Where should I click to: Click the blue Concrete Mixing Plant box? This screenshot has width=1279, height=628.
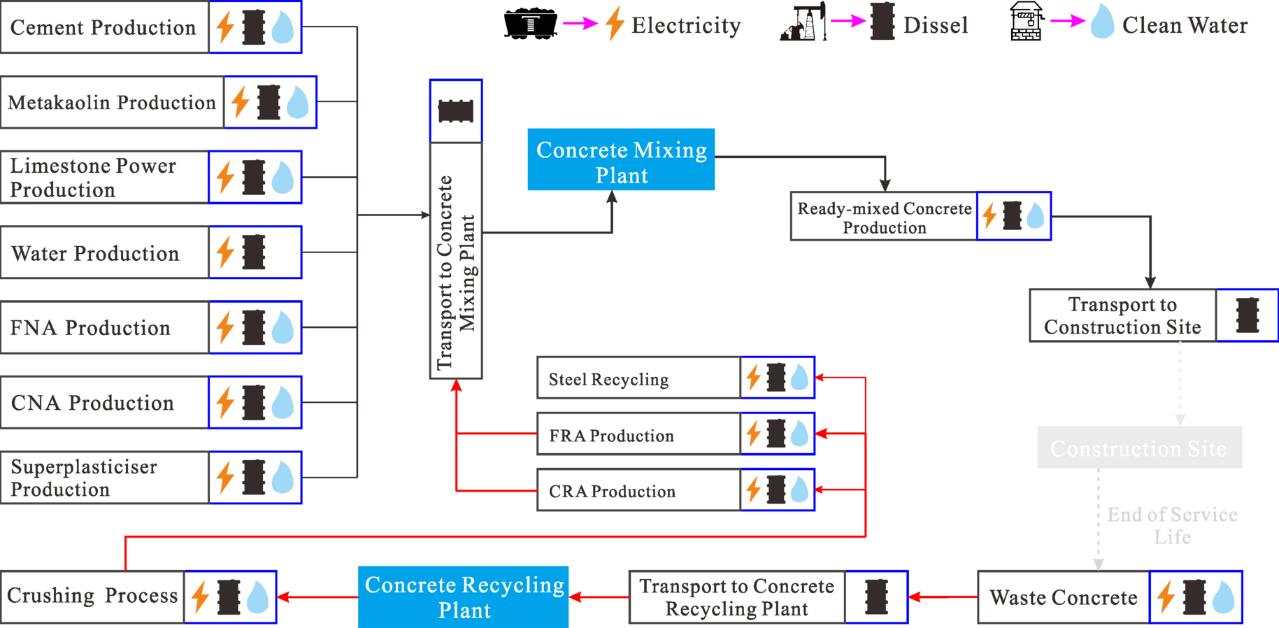621,159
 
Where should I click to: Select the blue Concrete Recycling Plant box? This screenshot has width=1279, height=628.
464,597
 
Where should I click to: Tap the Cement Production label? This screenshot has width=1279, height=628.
103,27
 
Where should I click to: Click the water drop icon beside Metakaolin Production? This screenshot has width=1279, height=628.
298,102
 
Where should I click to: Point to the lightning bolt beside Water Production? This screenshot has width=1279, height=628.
225,252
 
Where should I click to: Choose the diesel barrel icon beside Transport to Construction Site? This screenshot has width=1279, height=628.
1248,315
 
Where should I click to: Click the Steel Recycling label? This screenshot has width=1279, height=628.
608,379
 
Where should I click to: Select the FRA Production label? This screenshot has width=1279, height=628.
611,436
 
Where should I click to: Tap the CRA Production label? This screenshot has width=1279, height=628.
612,492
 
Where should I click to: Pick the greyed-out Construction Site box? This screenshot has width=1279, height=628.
1139,448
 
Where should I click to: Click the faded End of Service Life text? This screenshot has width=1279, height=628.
1172,526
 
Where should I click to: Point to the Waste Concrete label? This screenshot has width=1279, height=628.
1063,597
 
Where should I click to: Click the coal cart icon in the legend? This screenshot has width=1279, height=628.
530,24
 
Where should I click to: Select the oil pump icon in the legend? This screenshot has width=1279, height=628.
803,23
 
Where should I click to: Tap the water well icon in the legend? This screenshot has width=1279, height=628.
1027,22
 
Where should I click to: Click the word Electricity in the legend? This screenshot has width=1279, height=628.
686,26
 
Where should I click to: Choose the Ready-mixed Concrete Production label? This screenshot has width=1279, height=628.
884,217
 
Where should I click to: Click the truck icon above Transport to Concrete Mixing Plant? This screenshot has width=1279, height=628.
456,111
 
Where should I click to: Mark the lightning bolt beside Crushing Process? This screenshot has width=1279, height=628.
201,597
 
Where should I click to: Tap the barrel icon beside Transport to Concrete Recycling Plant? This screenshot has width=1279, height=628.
876,597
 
